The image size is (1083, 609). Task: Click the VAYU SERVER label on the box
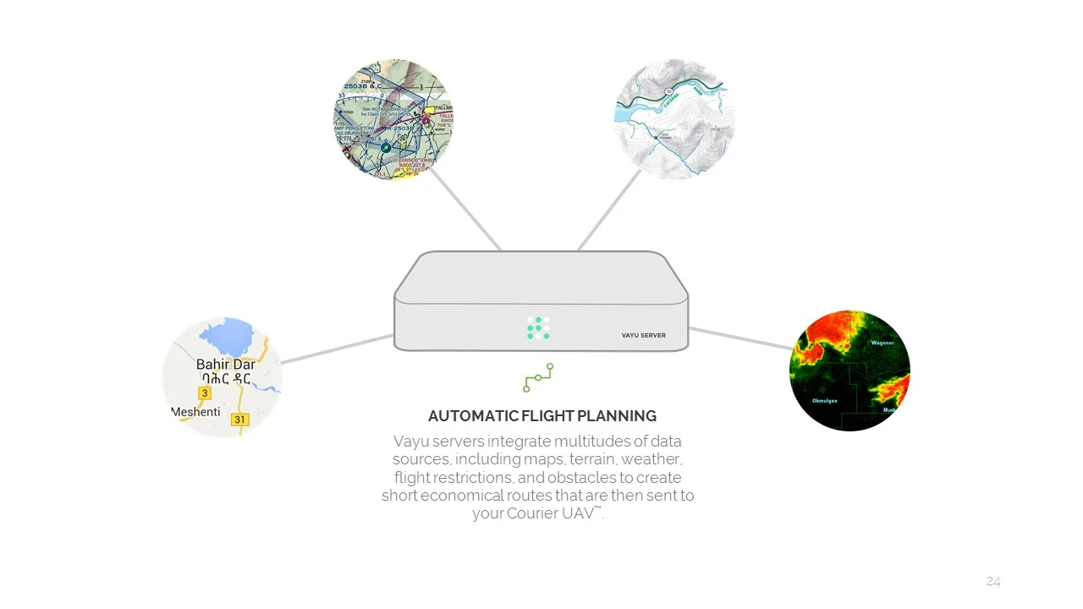(643, 336)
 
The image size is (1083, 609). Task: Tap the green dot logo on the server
(538, 328)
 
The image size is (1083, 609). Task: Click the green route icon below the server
(538, 377)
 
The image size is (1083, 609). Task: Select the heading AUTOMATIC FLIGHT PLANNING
(541, 416)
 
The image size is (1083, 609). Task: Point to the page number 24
(993, 581)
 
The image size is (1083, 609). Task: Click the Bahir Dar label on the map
(225, 365)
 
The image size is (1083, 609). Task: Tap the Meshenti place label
(196, 412)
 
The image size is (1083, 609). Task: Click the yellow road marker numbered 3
(205, 393)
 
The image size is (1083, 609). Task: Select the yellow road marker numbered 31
(240, 420)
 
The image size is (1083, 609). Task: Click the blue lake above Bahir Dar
(227, 337)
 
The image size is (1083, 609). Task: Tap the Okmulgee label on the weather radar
(824, 401)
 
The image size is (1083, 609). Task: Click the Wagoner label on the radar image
(882, 343)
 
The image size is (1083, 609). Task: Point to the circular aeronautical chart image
(393, 119)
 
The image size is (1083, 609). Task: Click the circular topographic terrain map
(674, 119)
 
